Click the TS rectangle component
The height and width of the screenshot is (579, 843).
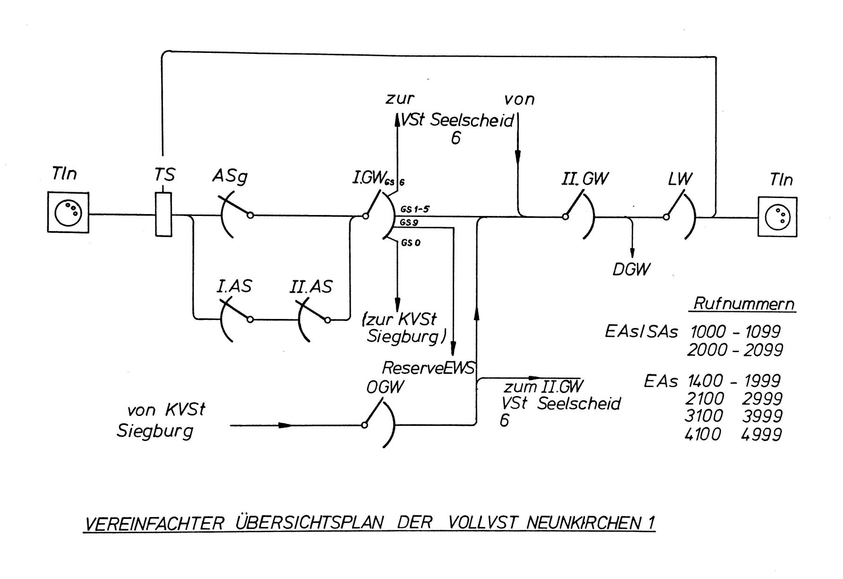(163, 214)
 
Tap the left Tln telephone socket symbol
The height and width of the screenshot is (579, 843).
(68, 212)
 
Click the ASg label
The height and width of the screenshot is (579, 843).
(230, 177)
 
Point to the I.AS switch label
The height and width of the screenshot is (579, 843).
(234, 286)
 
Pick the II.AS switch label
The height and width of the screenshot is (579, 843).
(311, 286)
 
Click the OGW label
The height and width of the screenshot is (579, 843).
(385, 387)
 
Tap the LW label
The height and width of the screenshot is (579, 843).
(680, 179)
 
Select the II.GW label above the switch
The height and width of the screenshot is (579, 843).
(585, 179)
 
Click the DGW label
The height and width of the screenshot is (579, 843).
(631, 269)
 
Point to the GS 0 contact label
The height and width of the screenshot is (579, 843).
(411, 243)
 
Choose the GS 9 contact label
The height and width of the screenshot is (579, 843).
(409, 222)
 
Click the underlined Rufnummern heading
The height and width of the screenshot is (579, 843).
(744, 303)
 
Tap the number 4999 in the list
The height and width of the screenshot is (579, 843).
(762, 434)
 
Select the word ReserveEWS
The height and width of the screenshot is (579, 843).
(428, 368)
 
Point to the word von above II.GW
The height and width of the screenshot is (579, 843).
(519, 99)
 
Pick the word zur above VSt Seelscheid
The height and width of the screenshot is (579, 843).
(400, 99)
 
